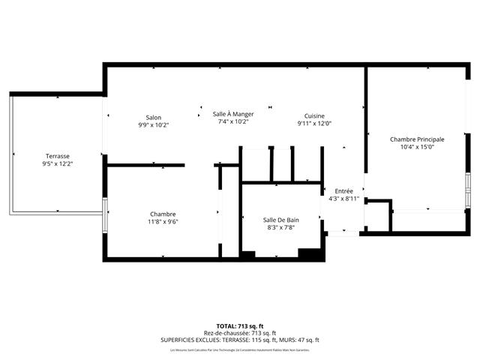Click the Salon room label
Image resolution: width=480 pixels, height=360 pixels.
pyautogui.click(x=153, y=118)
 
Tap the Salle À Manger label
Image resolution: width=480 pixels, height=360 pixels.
pyautogui.click(x=232, y=113)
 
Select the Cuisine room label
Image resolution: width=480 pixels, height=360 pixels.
pyautogui.click(x=313, y=115)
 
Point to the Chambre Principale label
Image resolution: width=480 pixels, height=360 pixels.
pyautogui.click(x=416, y=139)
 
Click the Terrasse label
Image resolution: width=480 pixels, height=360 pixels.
pyautogui.click(x=58, y=155)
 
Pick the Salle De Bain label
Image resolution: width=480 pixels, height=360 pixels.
pyautogui.click(x=280, y=220)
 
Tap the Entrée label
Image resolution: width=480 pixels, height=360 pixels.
pyautogui.click(x=344, y=191)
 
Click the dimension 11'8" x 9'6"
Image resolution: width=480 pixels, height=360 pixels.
pyautogui.click(x=163, y=221)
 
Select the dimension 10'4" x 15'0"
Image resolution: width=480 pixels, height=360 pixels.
pyautogui.click(x=416, y=147)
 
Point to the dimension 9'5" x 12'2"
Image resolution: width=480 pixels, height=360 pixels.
pyautogui.click(x=58, y=163)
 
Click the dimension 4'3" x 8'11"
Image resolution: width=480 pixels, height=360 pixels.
pyautogui.click(x=344, y=199)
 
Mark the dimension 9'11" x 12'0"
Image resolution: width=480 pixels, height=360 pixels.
pyautogui.click(x=313, y=123)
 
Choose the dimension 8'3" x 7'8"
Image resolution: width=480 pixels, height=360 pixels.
pyautogui.click(x=280, y=227)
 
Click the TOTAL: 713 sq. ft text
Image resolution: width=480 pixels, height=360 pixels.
pyautogui.click(x=240, y=326)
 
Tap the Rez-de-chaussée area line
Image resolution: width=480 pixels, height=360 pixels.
pyautogui.click(x=240, y=333)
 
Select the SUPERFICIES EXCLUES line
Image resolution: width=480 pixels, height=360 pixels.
pyautogui.click(x=240, y=340)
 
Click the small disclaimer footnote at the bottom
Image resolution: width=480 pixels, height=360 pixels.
pyautogui.click(x=240, y=349)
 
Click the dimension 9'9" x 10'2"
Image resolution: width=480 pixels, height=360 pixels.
pyautogui.click(x=153, y=125)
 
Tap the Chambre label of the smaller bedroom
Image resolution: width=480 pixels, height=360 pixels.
pyautogui.click(x=163, y=214)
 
